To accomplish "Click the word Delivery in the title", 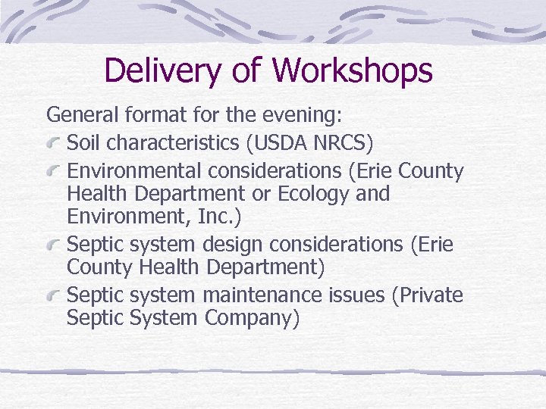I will coord(160,70).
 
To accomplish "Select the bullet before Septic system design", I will coord(55,245).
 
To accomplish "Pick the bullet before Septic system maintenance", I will coord(55,295).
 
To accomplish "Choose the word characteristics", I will coord(179,142).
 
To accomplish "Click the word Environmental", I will coord(127,171).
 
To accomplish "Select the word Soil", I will coord(81,142).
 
